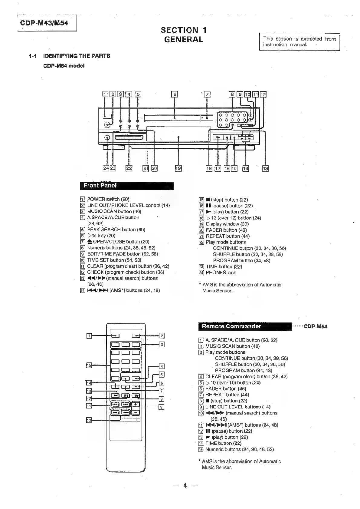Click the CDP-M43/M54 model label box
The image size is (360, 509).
click(44, 23)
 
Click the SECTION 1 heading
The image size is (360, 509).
click(184, 30)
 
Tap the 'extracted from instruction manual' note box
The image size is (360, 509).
click(299, 42)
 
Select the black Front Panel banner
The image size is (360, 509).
click(127, 186)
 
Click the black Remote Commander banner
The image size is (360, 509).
click(245, 326)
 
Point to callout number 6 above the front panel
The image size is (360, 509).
click(175, 94)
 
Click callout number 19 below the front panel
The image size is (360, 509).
click(178, 168)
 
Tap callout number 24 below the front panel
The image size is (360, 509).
click(106, 168)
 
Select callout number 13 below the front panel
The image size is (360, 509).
click(265, 168)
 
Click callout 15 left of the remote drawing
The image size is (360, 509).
click(89, 365)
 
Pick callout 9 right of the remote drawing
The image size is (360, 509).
click(162, 407)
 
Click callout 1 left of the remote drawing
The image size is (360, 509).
click(89, 335)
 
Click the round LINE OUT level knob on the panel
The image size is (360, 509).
click(107, 125)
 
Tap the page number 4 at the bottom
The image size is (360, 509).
click(185, 485)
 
